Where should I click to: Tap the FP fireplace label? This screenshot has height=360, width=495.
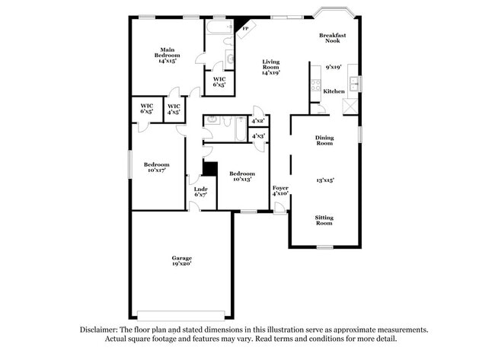[x=245, y=30]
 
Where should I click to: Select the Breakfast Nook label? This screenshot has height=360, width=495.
[x=333, y=37]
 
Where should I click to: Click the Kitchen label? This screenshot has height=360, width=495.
[x=334, y=91]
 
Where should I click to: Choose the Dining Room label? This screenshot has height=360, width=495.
[x=324, y=140]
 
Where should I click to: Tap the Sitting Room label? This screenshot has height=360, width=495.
[x=324, y=220]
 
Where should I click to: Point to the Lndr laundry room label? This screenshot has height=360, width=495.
[x=201, y=191]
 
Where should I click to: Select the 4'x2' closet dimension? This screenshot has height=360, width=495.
[x=258, y=120]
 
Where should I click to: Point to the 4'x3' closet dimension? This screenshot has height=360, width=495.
[x=258, y=136]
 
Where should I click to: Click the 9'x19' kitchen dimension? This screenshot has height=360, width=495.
[x=334, y=67]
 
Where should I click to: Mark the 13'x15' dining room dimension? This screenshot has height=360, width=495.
[x=325, y=180]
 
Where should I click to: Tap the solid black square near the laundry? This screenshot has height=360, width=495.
[x=210, y=169]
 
